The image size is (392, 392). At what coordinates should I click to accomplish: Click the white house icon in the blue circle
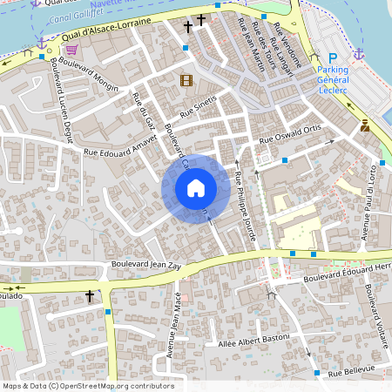(x=196, y=188)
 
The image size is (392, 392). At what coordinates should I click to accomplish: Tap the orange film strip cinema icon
(x=186, y=81)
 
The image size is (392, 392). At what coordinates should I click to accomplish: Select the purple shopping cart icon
(x=83, y=50)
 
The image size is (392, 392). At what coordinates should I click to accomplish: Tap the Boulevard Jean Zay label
(x=147, y=262)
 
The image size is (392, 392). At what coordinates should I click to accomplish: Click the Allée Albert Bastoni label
(x=258, y=344)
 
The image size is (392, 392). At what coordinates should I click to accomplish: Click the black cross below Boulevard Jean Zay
(x=89, y=297)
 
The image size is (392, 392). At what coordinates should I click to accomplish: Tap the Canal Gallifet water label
(x=73, y=15)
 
